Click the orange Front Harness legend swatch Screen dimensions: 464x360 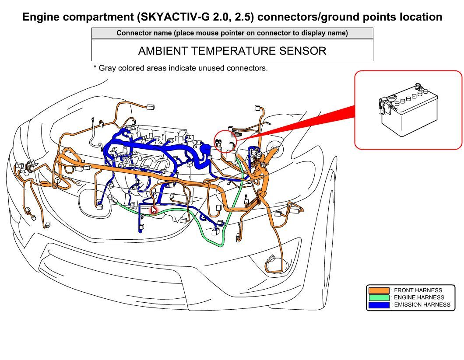pyautogui.click(x=379, y=290)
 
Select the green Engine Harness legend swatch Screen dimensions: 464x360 pyautogui.click(x=379, y=297)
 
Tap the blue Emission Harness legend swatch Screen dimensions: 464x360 pyautogui.click(x=379, y=305)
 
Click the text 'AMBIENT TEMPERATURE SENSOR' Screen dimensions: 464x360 pyautogui.click(x=232, y=51)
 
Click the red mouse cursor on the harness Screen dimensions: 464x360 pyautogui.click(x=154, y=210)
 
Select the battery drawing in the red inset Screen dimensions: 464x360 pyautogui.click(x=408, y=110)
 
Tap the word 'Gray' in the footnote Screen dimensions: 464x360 pyautogui.click(x=107, y=68)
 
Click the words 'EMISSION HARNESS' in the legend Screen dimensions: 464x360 pyautogui.click(x=422, y=305)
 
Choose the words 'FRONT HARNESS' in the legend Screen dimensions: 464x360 pyautogui.click(x=418, y=290)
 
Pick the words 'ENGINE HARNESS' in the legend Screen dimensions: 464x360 pyautogui.click(x=419, y=297)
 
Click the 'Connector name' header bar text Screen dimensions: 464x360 pyautogui.click(x=232, y=33)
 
